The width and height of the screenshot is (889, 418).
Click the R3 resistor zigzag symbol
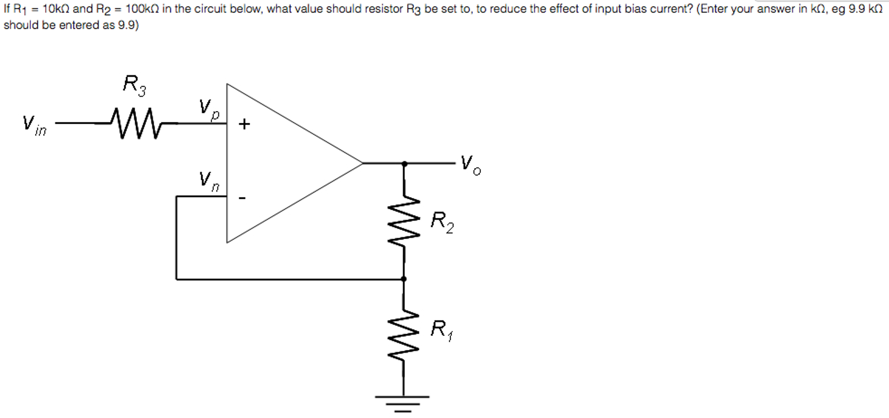136,123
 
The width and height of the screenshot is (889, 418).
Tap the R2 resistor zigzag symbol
404,222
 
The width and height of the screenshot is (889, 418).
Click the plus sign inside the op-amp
244,124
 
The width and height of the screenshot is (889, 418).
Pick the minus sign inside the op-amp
242,198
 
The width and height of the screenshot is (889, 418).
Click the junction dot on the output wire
405,164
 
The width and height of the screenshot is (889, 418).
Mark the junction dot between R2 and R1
404,279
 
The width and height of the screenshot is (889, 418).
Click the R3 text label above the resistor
134,85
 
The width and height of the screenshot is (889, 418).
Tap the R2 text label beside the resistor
442,222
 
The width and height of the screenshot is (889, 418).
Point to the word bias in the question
633,9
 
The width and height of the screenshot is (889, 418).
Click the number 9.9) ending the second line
128,25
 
